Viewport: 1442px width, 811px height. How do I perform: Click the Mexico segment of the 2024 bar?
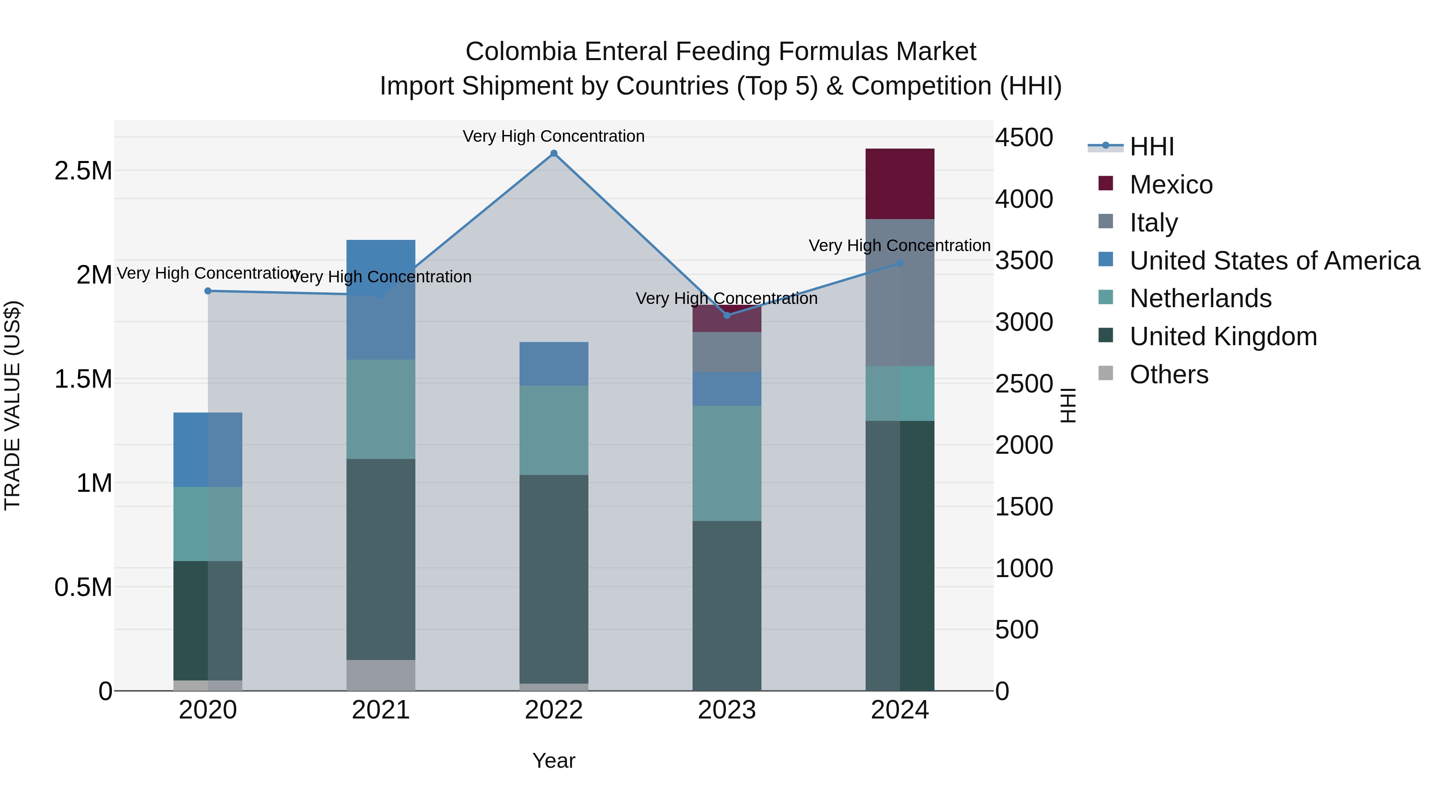(900, 183)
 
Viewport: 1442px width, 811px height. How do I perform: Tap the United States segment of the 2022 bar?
(554, 364)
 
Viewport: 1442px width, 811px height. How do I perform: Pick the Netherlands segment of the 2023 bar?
(727, 463)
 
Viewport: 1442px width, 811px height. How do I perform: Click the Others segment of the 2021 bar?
(381, 675)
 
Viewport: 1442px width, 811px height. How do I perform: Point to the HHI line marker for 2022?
(554, 153)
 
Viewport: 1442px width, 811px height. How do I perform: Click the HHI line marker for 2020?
(207, 291)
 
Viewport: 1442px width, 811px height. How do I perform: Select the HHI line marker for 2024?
(900, 264)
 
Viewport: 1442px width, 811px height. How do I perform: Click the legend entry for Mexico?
(1170, 185)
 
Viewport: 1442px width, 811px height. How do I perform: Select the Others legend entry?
(1168, 374)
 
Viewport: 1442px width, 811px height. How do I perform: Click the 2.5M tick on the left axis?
(83, 171)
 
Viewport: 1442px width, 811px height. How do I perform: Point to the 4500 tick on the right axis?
(1024, 138)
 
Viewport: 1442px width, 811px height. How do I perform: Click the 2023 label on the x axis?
(727, 710)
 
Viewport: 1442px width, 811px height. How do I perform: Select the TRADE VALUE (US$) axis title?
(12, 405)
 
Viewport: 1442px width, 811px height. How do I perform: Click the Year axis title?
(554, 761)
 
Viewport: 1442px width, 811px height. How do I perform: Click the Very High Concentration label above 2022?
(554, 136)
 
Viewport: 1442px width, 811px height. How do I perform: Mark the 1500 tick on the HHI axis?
(1024, 507)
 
